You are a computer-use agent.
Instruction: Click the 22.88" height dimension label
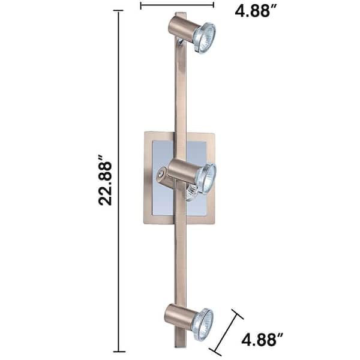(x=106, y=182)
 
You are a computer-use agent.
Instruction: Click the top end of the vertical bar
(x=181, y=14)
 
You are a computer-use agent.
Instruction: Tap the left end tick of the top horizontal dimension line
(x=140, y=5)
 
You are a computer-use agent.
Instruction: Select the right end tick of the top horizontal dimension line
(x=214, y=5)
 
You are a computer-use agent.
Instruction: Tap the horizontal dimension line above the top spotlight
(x=177, y=5)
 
